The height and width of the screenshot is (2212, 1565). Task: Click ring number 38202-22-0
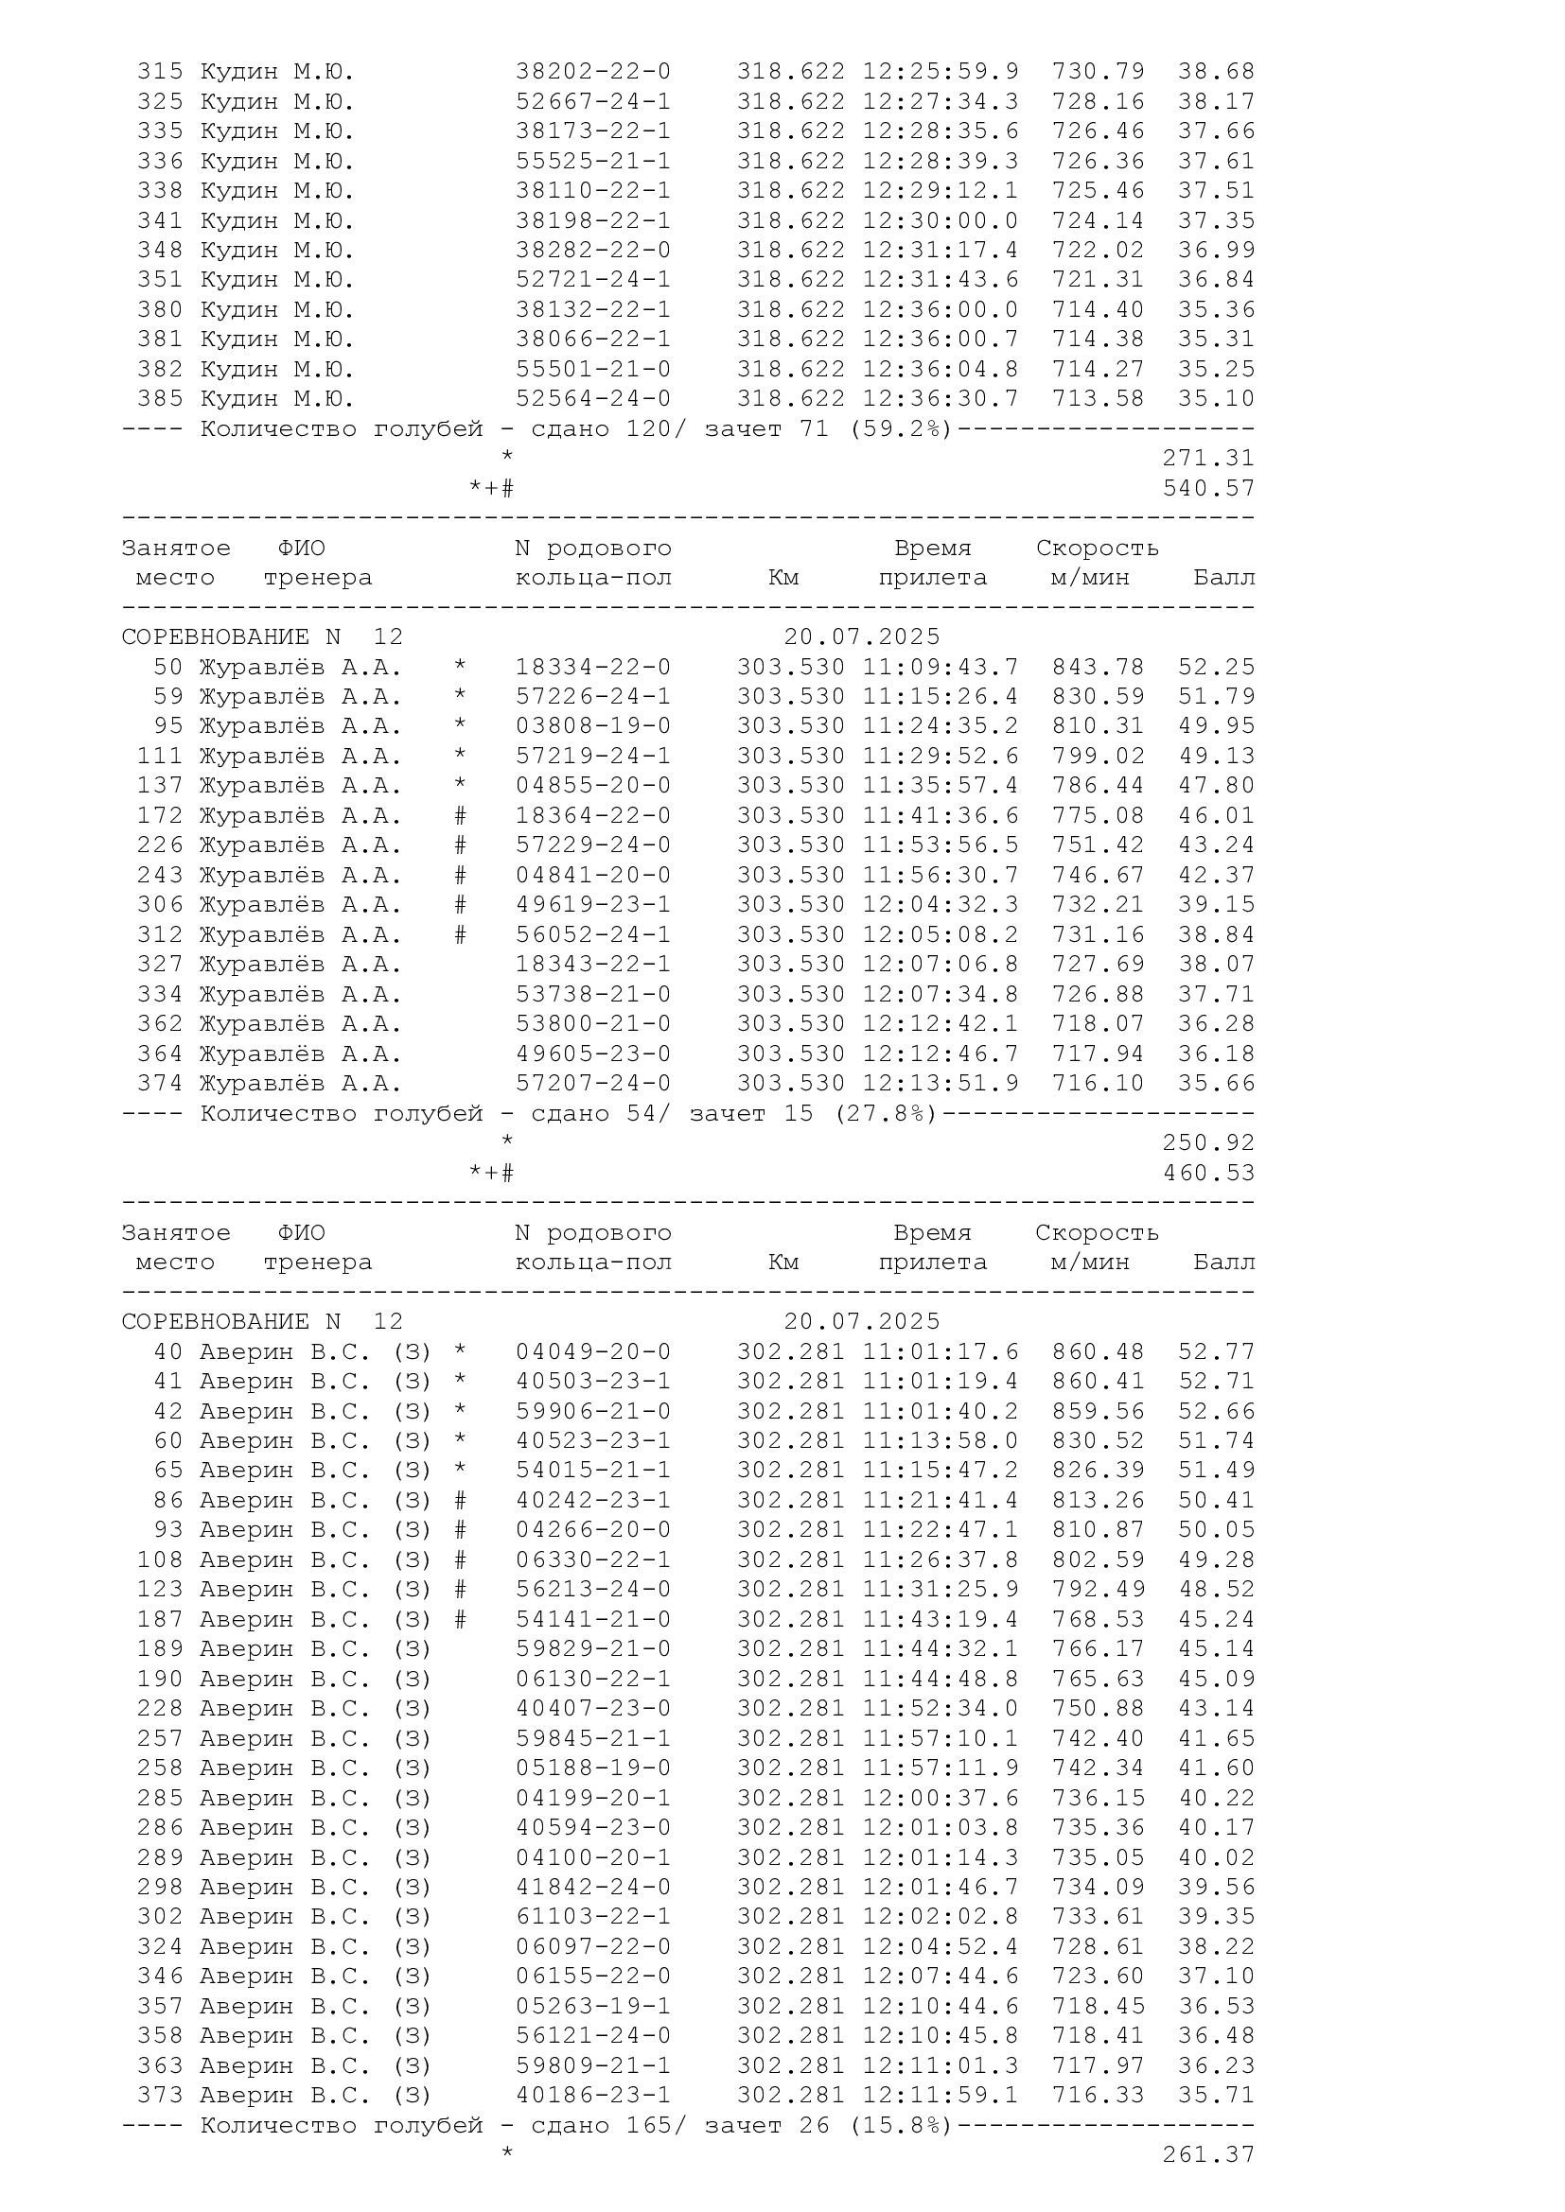coord(592,71)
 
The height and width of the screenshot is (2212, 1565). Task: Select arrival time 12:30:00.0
coord(940,220)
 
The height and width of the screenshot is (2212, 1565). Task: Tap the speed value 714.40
coord(1098,309)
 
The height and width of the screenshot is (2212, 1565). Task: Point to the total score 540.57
coord(1208,488)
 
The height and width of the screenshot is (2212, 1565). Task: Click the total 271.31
coord(1208,459)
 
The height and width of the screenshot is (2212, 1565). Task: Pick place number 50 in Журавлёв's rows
coord(167,667)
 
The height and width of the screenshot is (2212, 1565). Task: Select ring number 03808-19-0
coord(592,726)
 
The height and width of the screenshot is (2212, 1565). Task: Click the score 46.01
coord(1216,816)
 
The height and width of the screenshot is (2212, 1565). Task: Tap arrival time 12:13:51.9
coord(940,1084)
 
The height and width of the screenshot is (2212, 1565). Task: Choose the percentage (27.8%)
coord(885,1114)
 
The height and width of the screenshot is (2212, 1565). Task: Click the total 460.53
coord(1208,1174)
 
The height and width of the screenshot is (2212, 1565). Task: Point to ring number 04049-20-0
coord(592,1351)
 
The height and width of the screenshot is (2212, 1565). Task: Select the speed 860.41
coord(1098,1382)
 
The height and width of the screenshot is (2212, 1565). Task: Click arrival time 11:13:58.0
coord(940,1441)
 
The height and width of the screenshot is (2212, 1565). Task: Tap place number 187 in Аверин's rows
coord(160,1619)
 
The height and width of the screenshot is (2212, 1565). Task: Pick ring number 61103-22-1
coord(592,1917)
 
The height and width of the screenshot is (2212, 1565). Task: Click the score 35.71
coord(1216,2096)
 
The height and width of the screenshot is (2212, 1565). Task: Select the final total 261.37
coord(1208,2155)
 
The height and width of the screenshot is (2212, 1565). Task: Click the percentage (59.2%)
coord(900,428)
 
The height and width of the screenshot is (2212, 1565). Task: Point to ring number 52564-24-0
coord(592,399)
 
